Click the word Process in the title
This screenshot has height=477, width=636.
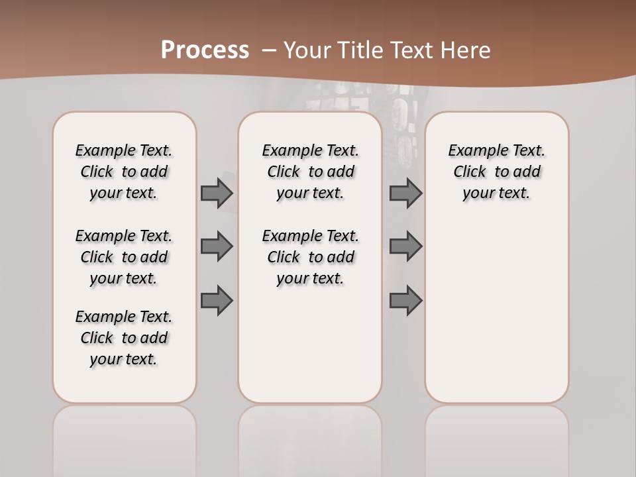[205, 50]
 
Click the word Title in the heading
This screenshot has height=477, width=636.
[361, 50]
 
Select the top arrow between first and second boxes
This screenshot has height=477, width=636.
[217, 193]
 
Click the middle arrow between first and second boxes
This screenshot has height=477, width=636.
[217, 246]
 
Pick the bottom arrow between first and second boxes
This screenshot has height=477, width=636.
[217, 300]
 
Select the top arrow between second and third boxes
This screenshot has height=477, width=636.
[405, 193]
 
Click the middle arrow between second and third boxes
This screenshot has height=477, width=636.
[405, 246]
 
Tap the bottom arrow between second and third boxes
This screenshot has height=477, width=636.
[405, 300]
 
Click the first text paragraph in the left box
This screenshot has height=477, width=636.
[124, 172]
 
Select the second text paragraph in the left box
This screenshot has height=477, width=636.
[124, 257]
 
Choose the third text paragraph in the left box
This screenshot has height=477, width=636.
[124, 338]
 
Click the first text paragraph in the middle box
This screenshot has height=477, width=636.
[310, 172]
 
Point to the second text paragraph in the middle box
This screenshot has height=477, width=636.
[310, 257]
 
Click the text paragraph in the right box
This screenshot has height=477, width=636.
[496, 172]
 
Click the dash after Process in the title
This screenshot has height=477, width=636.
[268, 50]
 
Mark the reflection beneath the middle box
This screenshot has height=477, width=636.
[310, 437]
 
